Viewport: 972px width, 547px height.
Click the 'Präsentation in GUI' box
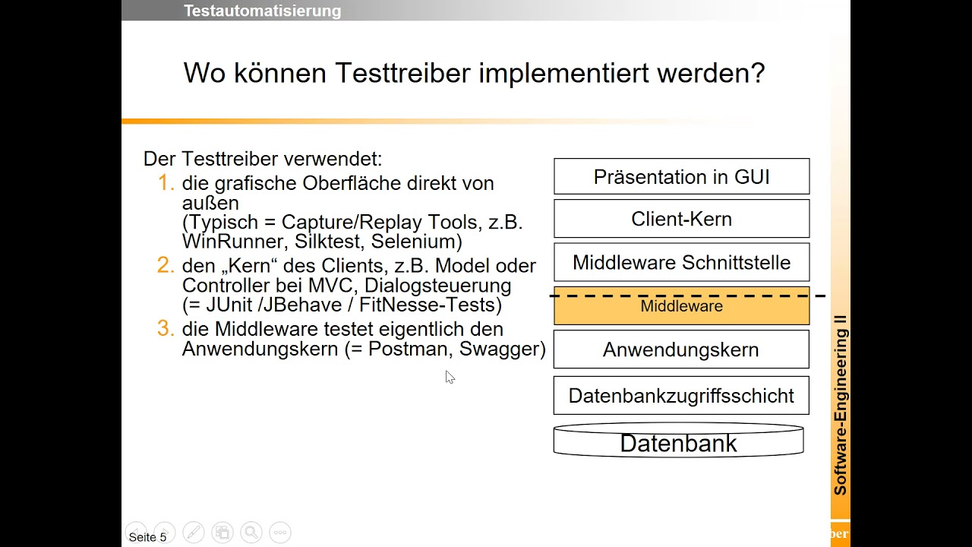[681, 177]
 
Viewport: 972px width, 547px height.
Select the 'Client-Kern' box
[681, 219]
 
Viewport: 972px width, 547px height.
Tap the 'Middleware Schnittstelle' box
[681, 262]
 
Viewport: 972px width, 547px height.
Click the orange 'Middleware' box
[681, 307]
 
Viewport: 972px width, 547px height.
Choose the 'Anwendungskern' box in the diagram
[681, 349]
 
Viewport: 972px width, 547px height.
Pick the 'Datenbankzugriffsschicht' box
[681, 396]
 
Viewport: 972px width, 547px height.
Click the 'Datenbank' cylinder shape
[678, 443]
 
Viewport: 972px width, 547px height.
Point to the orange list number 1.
[166, 183]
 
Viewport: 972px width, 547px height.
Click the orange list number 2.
[166, 266]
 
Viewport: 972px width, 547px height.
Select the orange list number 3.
[166, 329]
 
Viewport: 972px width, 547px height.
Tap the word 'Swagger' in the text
[502, 349]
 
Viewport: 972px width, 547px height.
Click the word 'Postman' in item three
[409, 349]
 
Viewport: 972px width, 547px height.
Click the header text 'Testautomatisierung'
[262, 11]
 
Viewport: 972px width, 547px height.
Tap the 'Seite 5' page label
[147, 537]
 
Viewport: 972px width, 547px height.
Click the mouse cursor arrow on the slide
[450, 377]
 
